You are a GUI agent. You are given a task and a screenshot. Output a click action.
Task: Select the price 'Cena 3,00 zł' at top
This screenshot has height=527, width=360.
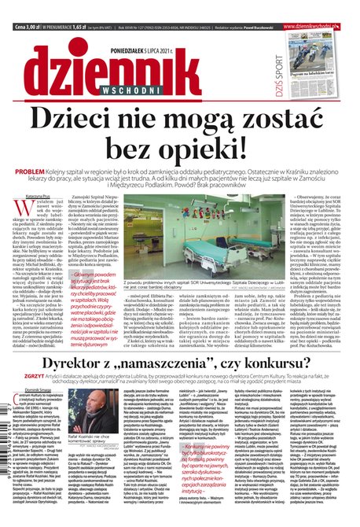[x=28, y=5]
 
